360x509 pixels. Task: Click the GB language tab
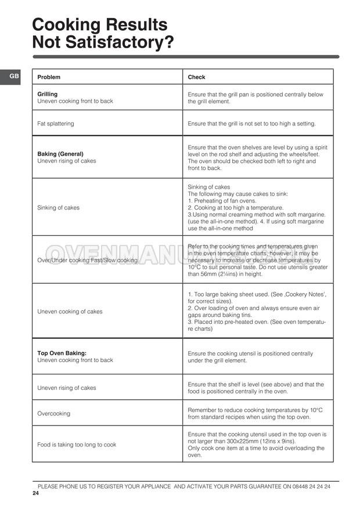14,76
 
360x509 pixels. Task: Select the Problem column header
49,77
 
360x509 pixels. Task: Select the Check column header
196,77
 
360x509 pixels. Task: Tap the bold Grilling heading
48,94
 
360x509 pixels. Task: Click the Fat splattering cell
56,124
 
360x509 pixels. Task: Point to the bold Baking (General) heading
64,154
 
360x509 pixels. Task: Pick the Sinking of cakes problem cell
59,207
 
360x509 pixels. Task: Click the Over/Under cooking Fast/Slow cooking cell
87,260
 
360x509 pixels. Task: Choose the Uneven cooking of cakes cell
70,312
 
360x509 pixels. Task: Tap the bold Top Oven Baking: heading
62,353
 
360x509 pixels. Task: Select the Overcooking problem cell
53,414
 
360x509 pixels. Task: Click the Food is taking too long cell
77,445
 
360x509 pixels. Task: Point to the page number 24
35,493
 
